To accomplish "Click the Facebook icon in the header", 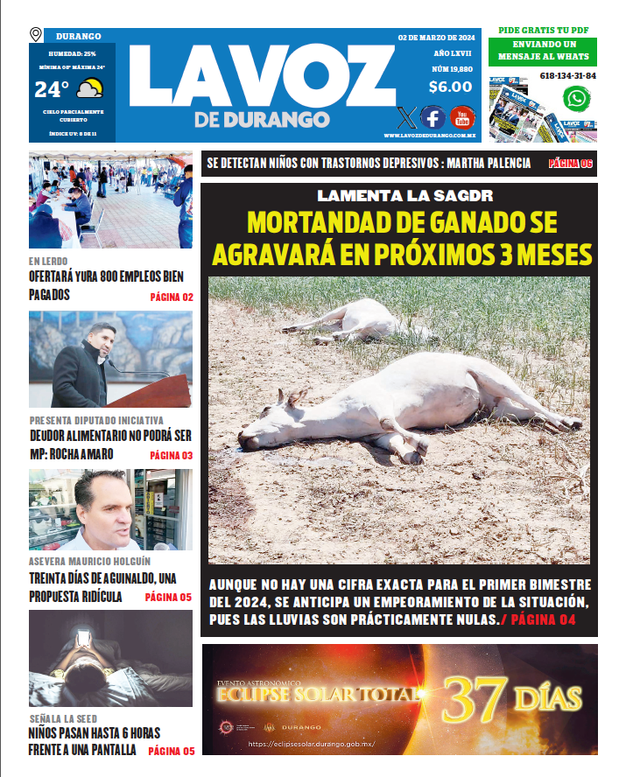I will point(433,116).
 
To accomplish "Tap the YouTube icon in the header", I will point(461,116).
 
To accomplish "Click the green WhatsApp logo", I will point(575,99).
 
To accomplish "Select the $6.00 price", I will point(450,87).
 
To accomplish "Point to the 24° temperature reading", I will point(52,89).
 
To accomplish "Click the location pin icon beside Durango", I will point(36,35).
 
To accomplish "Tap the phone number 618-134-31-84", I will point(568,76).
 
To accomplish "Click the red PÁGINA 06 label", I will point(571,164).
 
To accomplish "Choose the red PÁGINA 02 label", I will point(172,297).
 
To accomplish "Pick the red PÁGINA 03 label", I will point(172,456).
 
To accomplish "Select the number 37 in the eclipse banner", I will point(475,698).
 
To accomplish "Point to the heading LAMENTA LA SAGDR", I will point(399,195).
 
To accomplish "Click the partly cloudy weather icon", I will point(90,88).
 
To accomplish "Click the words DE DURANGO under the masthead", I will point(262,119).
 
